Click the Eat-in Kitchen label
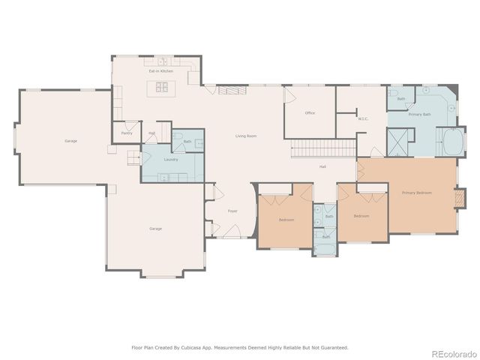tap(160, 71)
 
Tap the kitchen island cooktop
tap(162, 87)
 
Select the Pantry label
tap(127, 133)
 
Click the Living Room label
tap(246, 136)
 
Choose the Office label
tap(309, 113)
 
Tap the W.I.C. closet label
tap(362, 118)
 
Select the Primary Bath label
tap(419, 115)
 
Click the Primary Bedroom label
tap(418, 193)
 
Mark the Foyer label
tap(232, 211)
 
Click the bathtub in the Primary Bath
tap(454, 142)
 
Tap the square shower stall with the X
tap(400, 140)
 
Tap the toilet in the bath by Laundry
tap(178, 139)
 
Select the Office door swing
tap(288, 94)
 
